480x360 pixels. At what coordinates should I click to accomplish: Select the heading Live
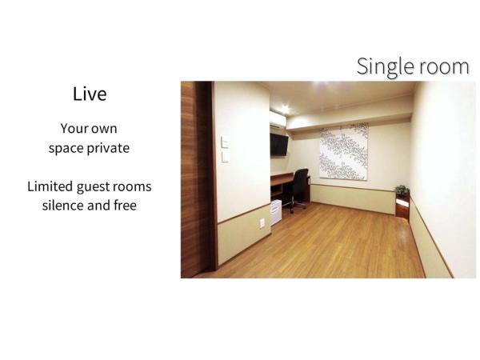pos(90,94)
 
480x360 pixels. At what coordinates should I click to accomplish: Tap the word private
pos(108,148)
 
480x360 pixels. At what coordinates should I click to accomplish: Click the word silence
pos(67,205)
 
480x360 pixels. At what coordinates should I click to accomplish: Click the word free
pos(124,205)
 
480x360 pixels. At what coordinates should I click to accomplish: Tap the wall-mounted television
pos(278,144)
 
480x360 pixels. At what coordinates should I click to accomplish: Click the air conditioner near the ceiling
pos(277,120)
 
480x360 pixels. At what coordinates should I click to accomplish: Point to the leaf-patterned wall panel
pos(343,152)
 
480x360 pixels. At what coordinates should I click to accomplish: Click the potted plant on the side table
pos(402,190)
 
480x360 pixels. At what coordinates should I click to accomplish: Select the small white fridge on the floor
pos(274,212)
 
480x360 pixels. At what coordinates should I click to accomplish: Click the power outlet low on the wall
pos(262,223)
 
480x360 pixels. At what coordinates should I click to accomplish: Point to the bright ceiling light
pos(284,107)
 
